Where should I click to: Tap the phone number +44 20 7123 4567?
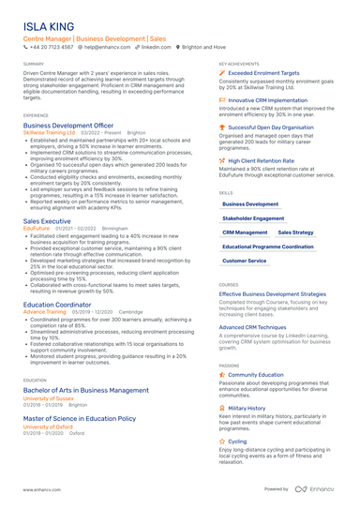click(x=51, y=46)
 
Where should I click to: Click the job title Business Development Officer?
click(x=68, y=125)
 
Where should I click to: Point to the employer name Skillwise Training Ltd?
click(x=50, y=133)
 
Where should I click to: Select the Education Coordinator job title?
click(x=57, y=304)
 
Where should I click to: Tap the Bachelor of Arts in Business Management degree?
click(x=85, y=389)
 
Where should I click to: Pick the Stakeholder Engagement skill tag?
click(x=253, y=217)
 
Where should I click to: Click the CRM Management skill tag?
click(x=245, y=232)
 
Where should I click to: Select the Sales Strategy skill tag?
click(x=295, y=232)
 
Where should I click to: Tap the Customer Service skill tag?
click(x=244, y=261)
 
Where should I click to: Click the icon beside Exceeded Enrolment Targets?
click(x=222, y=72)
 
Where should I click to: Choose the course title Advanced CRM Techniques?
click(x=252, y=327)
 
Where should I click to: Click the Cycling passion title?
click(x=237, y=441)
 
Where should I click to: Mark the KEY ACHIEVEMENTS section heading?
click(x=239, y=64)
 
